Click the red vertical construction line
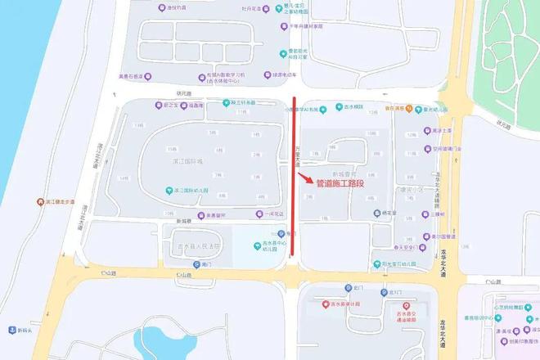click(294, 180)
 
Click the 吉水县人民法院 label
click(200, 245)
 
